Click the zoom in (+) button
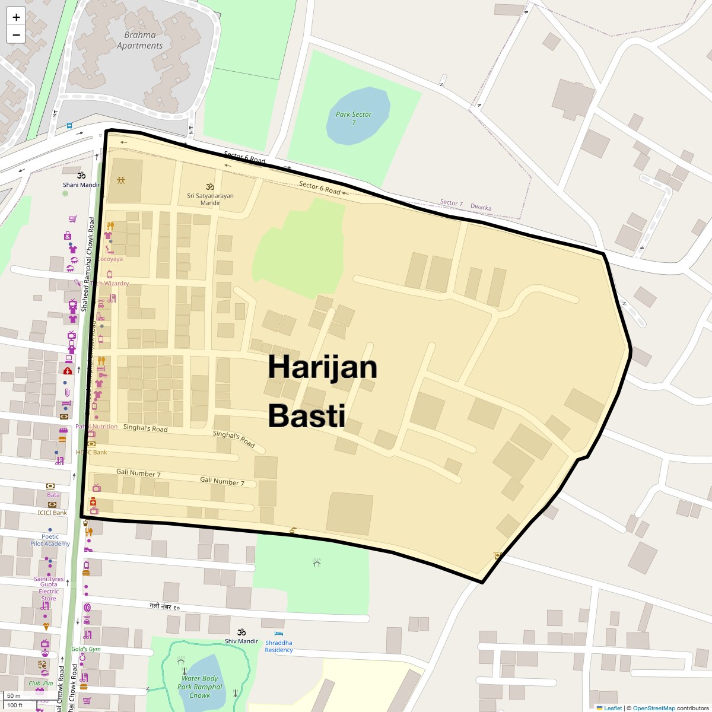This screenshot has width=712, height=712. coord(16,17)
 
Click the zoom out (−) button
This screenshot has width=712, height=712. coord(16,35)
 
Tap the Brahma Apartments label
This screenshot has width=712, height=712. coord(139,40)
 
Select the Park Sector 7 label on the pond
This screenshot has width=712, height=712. coord(354,118)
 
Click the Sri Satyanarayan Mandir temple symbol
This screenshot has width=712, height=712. coord(209,186)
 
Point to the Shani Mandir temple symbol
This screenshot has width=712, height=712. coord(81,176)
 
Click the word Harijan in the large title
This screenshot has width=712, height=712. coord(322,367)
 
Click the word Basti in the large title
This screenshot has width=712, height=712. coord(306,415)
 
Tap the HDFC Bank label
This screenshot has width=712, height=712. coord(91,452)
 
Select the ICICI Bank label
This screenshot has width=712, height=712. coord(52,513)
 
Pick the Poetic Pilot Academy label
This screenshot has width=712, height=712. coord(50,540)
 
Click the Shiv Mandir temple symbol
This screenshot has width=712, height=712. coord(241,632)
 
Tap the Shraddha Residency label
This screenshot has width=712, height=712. coord(279,646)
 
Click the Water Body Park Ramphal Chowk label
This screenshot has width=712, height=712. coord(200,686)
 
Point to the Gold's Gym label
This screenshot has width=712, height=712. coord(86,649)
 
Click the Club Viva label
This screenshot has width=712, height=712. coord(40,683)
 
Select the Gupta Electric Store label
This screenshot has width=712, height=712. coord(49,592)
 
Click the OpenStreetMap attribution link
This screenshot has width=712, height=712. coord(653,708)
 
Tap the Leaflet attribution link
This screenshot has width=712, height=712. coord(612,708)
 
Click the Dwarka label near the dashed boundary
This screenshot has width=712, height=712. coord(481,208)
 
